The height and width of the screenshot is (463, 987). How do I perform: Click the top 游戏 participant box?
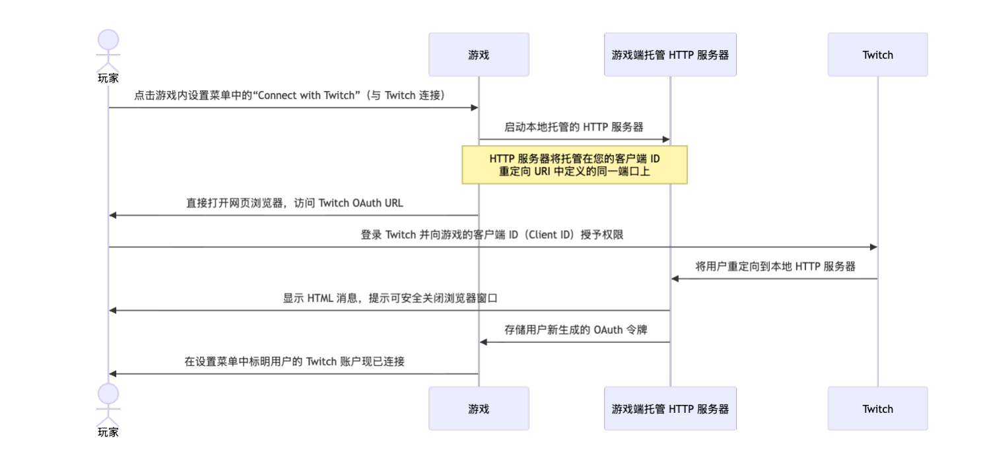point(479,55)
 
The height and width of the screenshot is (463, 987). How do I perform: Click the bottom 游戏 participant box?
point(479,408)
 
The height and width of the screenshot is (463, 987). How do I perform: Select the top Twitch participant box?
point(877,55)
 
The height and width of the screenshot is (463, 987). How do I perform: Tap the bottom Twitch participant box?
point(877,408)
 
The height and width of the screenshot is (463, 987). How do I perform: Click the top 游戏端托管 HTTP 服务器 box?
point(670,55)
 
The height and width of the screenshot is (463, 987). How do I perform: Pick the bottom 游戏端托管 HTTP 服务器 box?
point(670,408)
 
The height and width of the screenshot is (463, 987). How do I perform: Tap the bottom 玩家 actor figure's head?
point(108,394)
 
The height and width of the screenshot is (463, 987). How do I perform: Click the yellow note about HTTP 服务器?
point(574,165)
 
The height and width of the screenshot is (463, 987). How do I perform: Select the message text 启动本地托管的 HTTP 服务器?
point(574,127)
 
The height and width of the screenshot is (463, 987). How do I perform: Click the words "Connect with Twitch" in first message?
point(306,96)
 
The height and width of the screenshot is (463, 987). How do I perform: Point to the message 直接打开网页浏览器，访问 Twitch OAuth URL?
point(294,203)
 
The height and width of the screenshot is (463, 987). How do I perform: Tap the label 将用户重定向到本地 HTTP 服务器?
point(775,266)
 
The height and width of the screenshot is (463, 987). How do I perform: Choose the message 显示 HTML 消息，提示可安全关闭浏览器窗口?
point(390,298)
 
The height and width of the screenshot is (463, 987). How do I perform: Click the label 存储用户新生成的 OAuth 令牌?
point(574,330)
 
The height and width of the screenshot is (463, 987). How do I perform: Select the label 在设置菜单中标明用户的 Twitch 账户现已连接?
point(294,361)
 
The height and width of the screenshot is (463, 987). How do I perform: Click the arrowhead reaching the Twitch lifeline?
point(873,247)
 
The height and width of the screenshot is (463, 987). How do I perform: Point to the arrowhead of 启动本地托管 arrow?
point(665,139)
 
